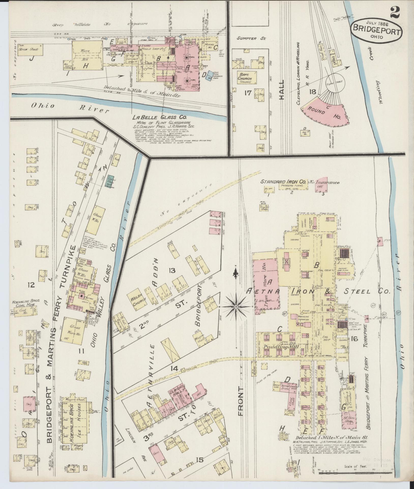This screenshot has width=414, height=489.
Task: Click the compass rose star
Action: (x=236, y=307)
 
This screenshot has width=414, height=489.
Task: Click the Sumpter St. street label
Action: (x=251, y=39)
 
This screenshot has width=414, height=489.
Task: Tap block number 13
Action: (x=172, y=271)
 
